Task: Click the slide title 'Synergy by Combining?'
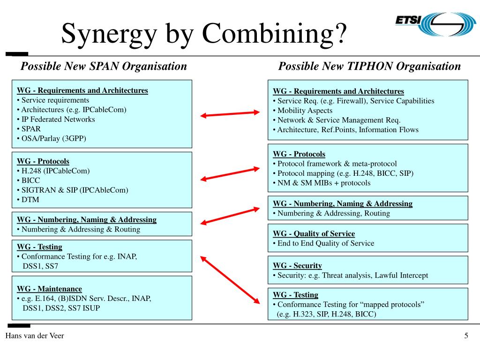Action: (204, 34)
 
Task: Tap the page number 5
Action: (466, 336)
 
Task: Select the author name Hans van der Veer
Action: (35, 336)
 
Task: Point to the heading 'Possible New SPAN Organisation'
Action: (104, 66)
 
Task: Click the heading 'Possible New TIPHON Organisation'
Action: (369, 66)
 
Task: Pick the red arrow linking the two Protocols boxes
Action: (230, 174)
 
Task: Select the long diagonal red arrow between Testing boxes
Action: (230, 280)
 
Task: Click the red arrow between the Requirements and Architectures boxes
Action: (230, 114)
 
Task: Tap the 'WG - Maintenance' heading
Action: (49, 289)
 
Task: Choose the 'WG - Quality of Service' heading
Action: (314, 234)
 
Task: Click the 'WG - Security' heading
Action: (297, 266)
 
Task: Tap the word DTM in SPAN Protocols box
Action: (30, 200)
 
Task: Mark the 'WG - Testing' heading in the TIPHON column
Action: (295, 295)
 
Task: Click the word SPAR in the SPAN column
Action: (31, 129)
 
